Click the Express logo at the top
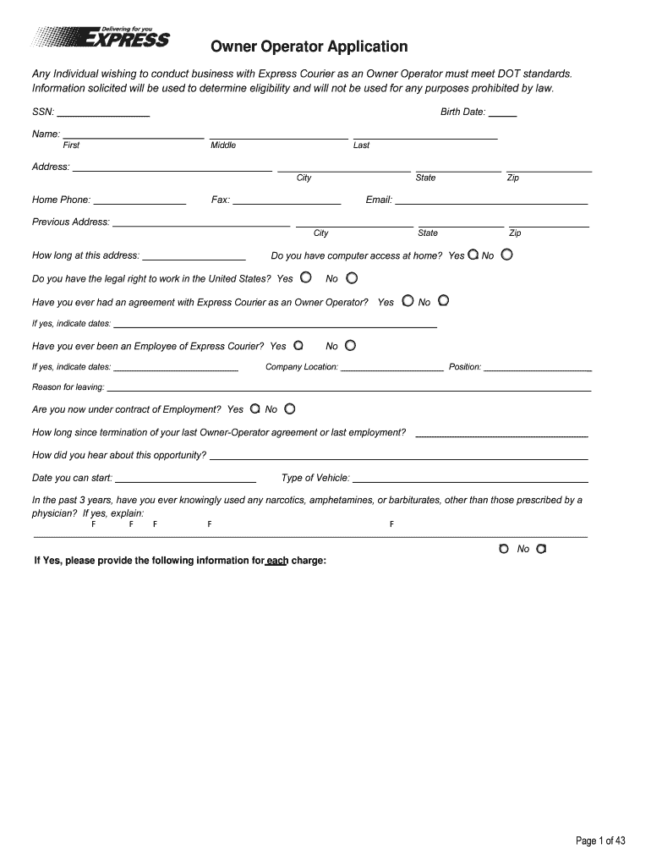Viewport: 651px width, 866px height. pyautogui.click(x=102, y=38)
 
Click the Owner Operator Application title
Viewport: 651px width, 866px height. pyautogui.click(x=309, y=47)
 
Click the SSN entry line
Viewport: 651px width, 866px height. pyautogui.click(x=103, y=113)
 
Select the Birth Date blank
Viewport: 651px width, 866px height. pyautogui.click(x=502, y=113)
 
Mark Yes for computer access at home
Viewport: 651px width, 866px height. pyautogui.click(x=473, y=255)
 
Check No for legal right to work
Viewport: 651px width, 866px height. pyautogui.click(x=352, y=277)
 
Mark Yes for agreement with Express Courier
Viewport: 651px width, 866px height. pyautogui.click(x=408, y=300)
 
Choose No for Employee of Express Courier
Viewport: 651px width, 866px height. pyautogui.click(x=350, y=345)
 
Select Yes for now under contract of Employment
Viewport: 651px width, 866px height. pyautogui.click(x=255, y=408)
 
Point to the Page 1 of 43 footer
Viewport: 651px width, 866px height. pyautogui.click(x=600, y=841)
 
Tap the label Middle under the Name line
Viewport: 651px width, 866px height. pyautogui.click(x=223, y=145)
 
